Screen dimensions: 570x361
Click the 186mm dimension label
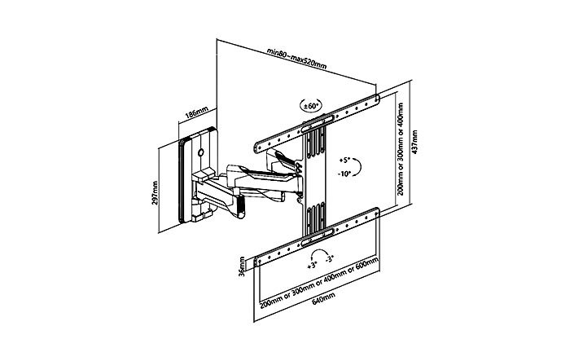pyautogui.click(x=197, y=113)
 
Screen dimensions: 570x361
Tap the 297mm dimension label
pyautogui.click(x=156, y=193)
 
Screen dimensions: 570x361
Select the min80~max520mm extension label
pyautogui.click(x=296, y=58)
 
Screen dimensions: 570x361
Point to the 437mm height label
pyautogui.click(x=414, y=142)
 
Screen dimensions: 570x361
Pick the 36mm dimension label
pyautogui.click(x=242, y=266)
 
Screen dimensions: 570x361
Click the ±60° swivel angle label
pyautogui.click(x=312, y=106)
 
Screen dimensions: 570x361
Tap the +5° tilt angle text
pyautogui.click(x=344, y=160)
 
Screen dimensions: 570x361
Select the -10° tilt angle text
pyautogui.click(x=344, y=174)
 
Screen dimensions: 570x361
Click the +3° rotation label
pyautogui.click(x=312, y=266)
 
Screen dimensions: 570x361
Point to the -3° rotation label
pyautogui.click(x=329, y=259)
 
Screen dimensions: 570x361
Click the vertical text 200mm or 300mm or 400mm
pyautogui.click(x=401, y=149)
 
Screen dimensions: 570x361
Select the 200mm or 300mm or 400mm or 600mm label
pyautogui.click(x=319, y=280)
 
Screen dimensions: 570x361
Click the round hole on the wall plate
pyautogui.click(x=200, y=152)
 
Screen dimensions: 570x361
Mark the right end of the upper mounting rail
pyautogui.click(x=377, y=98)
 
